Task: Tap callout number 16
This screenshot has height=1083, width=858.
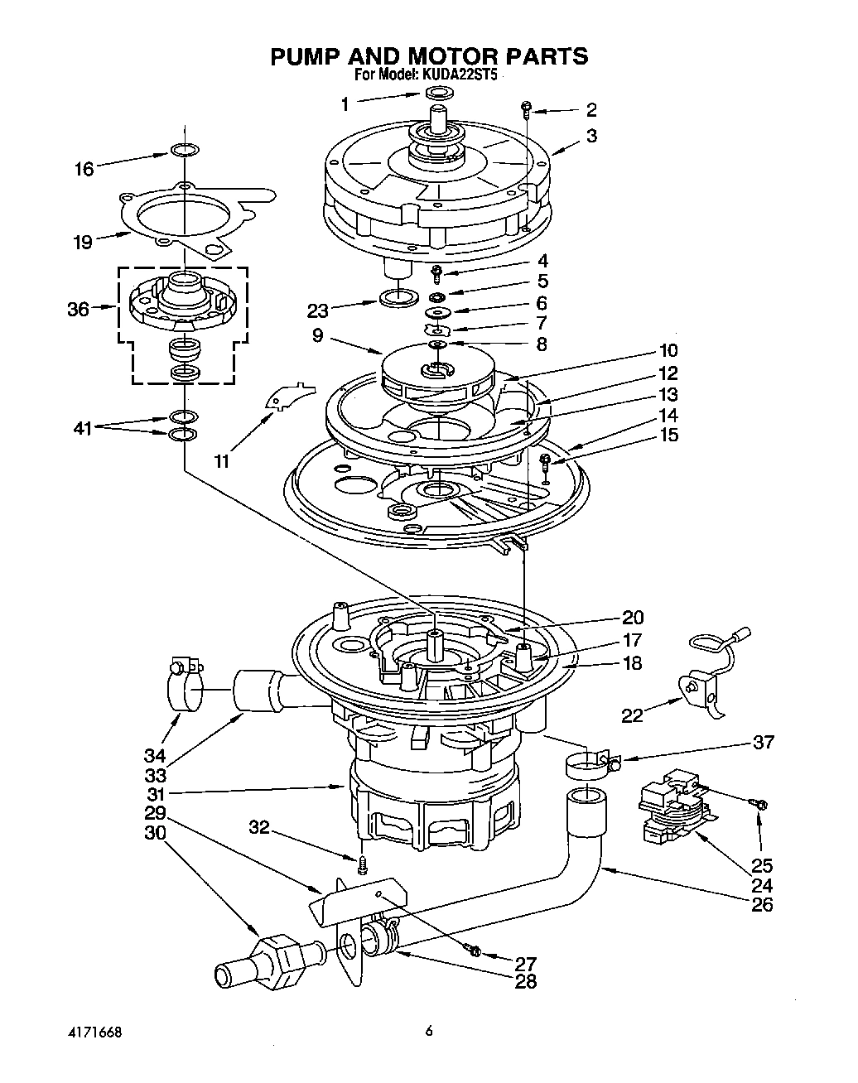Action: tap(84, 169)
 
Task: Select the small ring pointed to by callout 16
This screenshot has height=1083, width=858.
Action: tap(184, 150)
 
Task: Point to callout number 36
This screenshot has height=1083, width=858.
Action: tap(78, 310)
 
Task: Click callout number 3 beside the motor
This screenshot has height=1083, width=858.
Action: tap(590, 136)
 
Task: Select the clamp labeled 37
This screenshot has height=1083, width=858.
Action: tap(590, 765)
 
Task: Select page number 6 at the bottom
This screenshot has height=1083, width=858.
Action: tap(428, 1031)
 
